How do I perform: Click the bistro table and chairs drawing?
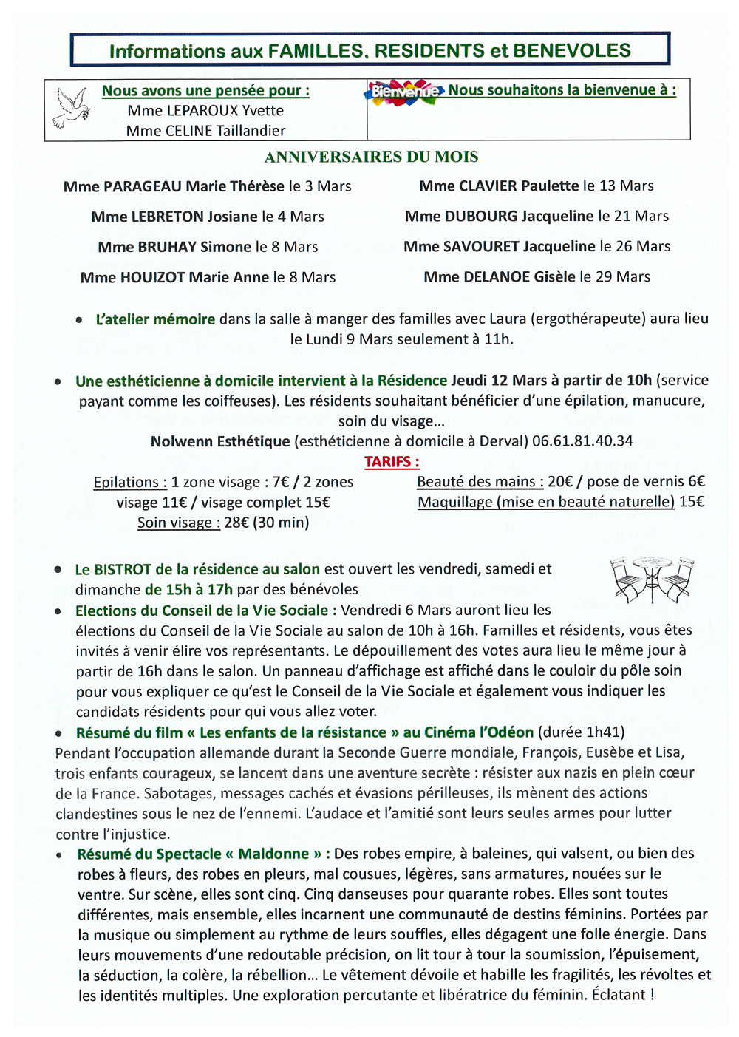652,579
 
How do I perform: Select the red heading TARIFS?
391,462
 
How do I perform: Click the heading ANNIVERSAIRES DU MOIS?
371,157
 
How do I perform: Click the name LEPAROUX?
194,111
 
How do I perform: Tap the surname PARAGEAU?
143,186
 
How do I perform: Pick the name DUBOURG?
481,216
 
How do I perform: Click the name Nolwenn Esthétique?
220,441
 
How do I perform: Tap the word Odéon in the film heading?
511,732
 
